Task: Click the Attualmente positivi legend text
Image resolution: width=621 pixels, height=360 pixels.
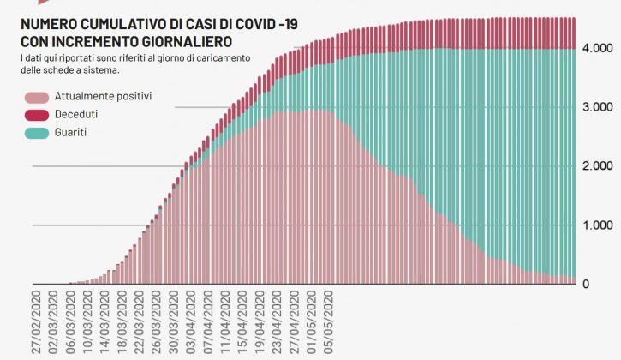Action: click(104, 97)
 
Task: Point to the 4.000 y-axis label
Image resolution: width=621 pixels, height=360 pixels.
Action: click(596, 49)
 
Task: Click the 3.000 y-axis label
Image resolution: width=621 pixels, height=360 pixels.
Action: click(596, 107)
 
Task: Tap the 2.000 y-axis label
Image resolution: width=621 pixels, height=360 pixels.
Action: click(596, 166)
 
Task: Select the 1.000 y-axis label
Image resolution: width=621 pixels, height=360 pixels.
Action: click(596, 225)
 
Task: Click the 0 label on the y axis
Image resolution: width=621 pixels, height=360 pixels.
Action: click(609, 284)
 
